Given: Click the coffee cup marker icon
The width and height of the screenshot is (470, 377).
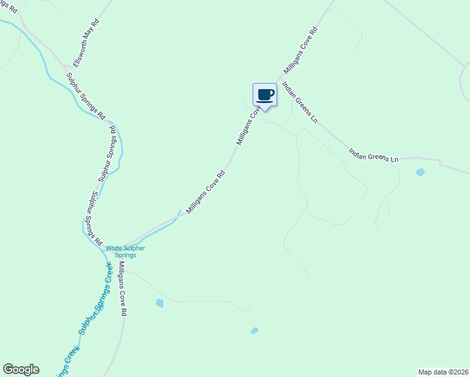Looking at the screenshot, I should (x=265, y=95).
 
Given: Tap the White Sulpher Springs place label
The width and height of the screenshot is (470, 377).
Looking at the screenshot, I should (x=125, y=251).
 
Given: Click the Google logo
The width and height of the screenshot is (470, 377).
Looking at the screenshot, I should (x=21, y=369).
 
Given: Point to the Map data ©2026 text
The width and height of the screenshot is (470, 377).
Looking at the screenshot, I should (x=443, y=371).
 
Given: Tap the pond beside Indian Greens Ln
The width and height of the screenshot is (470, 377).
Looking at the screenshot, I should (x=420, y=172).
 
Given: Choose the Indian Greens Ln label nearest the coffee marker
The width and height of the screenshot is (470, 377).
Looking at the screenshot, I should (x=300, y=102).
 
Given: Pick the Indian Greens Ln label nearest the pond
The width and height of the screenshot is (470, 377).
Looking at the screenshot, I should (x=374, y=155).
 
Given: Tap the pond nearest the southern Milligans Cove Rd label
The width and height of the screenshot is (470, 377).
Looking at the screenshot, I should (x=160, y=303).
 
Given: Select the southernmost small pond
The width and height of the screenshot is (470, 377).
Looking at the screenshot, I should (x=254, y=331).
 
